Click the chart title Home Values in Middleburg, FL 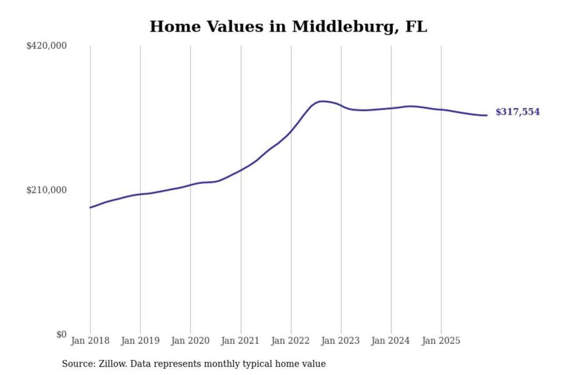(288, 27)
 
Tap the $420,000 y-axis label (47, 46)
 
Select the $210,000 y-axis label (47, 190)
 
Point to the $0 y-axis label (61, 334)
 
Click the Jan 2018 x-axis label (90, 341)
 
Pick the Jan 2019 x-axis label (140, 341)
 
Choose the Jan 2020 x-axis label (190, 341)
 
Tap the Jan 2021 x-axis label (240, 341)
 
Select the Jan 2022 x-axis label (290, 341)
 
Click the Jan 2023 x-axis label (341, 341)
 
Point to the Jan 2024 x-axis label (391, 341)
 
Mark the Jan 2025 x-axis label (441, 341)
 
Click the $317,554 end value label (517, 112)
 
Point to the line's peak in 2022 (322, 102)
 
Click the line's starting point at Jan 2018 (90, 207)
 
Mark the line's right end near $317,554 (486, 115)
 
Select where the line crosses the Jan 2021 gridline (241, 170)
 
